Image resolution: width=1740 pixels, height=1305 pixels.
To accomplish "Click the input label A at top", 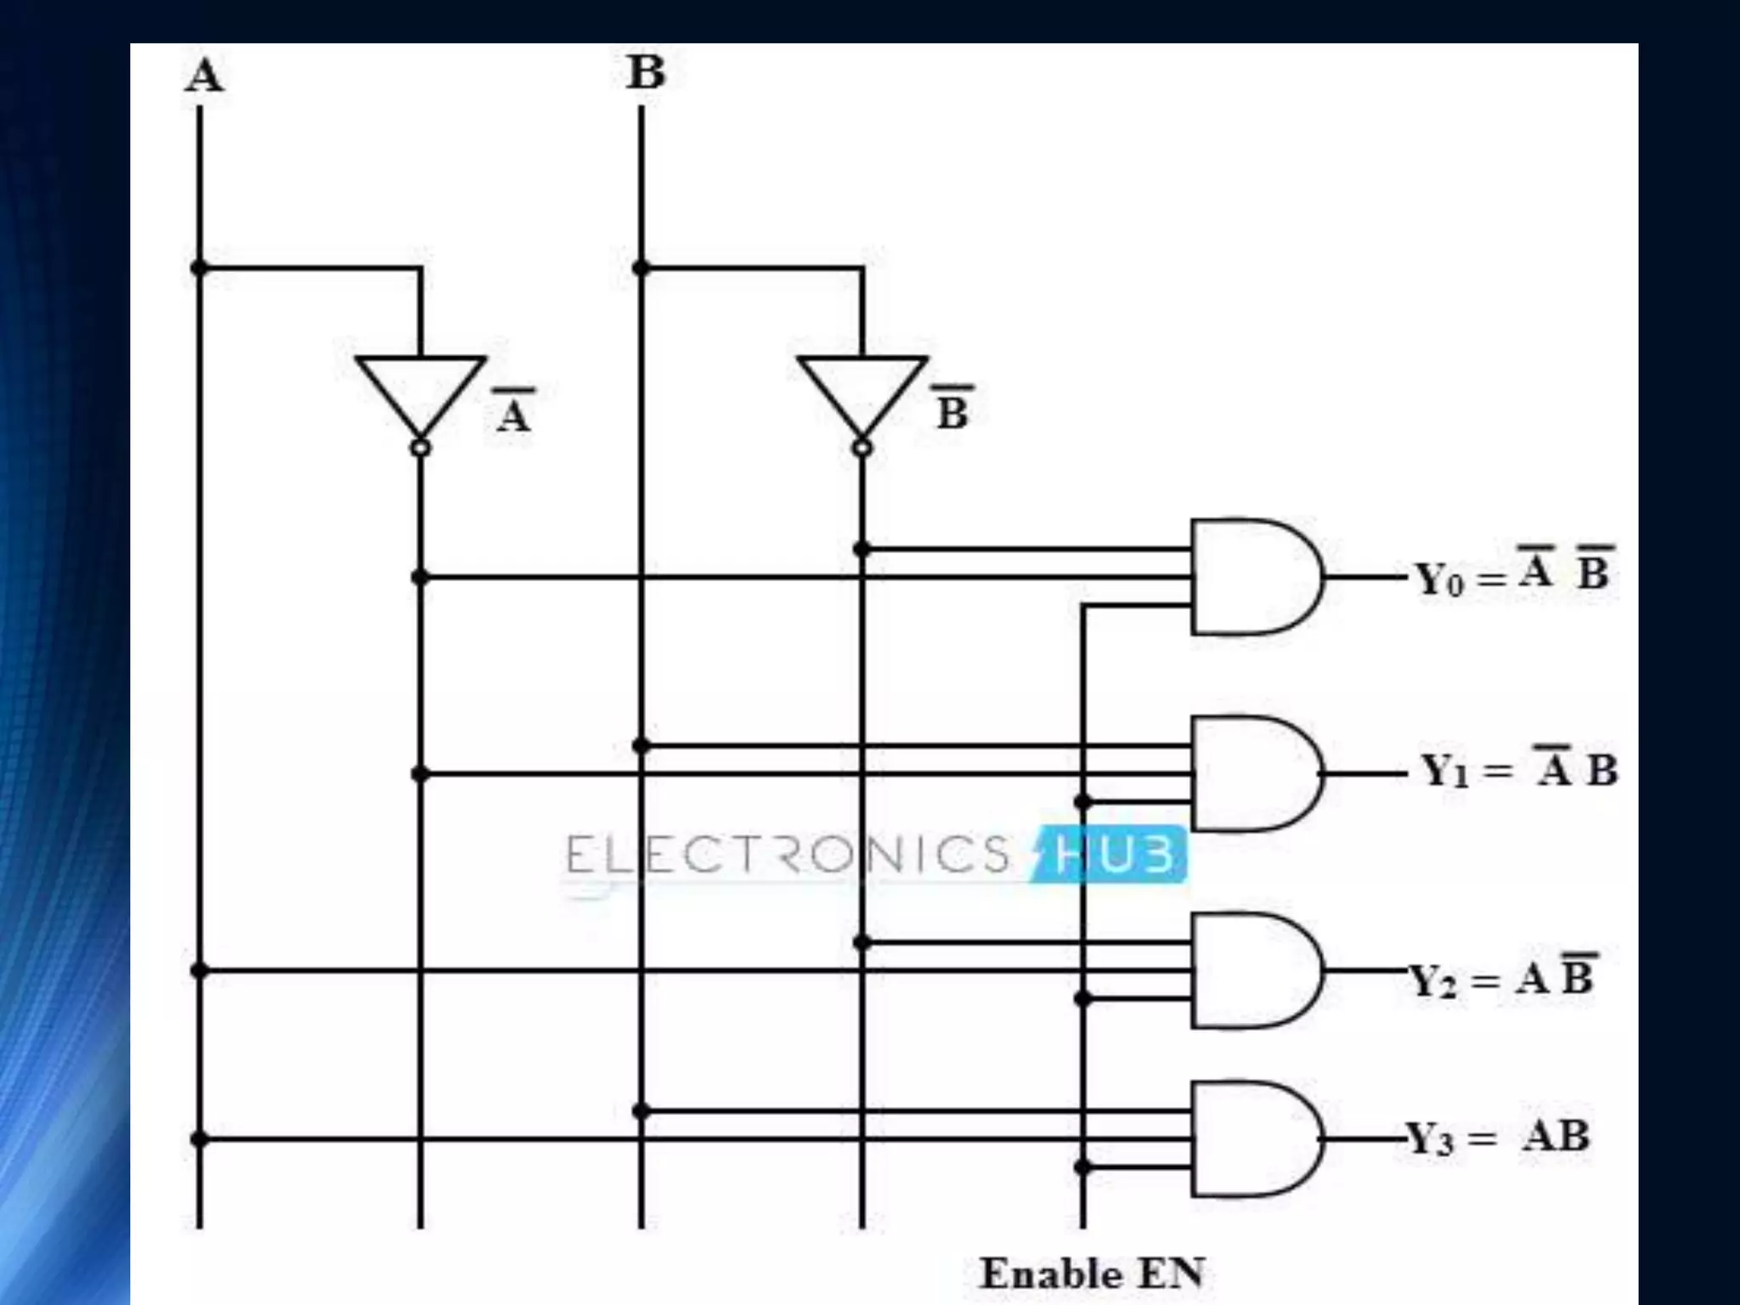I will [205, 76].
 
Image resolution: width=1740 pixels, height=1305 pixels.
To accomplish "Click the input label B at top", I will [646, 72].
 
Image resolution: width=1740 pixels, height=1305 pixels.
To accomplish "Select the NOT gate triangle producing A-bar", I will [421, 391].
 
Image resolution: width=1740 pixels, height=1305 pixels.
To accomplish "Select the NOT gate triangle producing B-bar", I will [862, 391].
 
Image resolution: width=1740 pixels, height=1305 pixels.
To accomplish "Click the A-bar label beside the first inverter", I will [514, 411].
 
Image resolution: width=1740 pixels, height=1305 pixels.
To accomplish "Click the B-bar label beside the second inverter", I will [952, 409].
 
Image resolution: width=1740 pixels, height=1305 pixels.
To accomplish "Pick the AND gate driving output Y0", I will [1253, 577].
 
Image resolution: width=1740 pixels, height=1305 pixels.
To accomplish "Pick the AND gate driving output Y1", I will [1253, 773].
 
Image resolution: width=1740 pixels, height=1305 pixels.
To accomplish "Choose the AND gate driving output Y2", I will [1253, 970].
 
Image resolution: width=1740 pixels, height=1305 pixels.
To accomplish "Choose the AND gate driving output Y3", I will [1253, 1138].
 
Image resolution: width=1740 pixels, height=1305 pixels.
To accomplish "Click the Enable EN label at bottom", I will [1092, 1274].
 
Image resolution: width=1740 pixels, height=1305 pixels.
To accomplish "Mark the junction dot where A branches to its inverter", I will [200, 268].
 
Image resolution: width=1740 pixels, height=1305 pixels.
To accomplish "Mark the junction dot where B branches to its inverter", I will [641, 268].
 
